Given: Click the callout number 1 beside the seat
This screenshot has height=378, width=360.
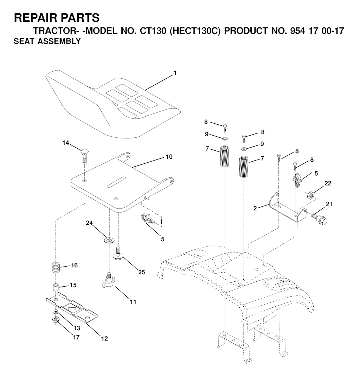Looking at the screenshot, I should click(x=175, y=73).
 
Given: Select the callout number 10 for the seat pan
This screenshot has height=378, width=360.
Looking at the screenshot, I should click(x=169, y=157).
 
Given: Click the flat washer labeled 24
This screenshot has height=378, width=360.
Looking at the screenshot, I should click(x=109, y=240).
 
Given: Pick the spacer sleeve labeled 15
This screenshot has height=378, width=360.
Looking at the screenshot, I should click(x=56, y=288).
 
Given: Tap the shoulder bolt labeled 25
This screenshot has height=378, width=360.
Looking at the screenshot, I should click(x=119, y=253).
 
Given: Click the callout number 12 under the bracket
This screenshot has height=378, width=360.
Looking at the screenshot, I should click(x=104, y=339).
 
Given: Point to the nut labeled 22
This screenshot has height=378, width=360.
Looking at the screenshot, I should click(x=310, y=194).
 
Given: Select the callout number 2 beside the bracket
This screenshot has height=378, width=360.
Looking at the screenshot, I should click(x=255, y=208).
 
